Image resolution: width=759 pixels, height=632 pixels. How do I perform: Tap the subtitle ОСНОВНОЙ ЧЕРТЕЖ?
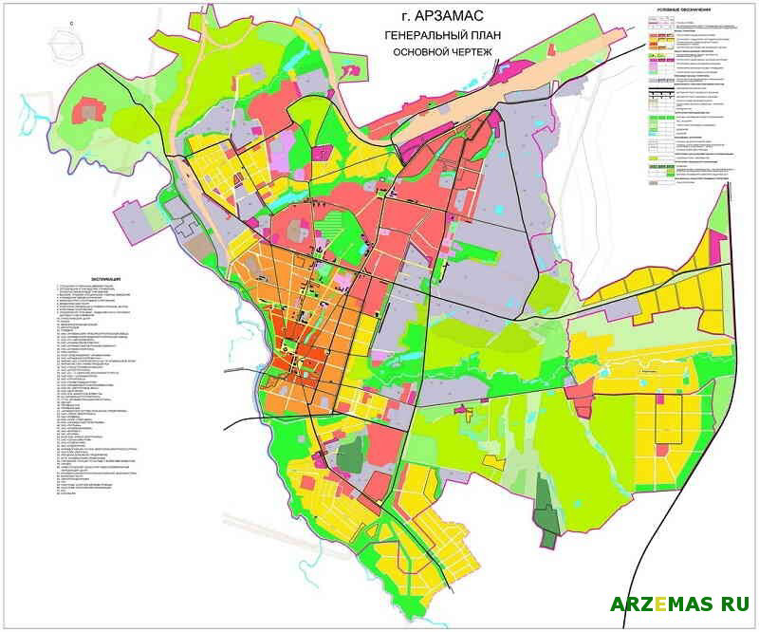(x=442, y=52)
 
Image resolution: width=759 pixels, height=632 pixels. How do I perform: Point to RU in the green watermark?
(x=734, y=604)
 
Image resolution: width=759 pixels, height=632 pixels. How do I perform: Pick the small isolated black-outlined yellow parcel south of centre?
(x=492, y=462)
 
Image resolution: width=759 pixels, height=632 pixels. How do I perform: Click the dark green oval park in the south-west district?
(x=350, y=453)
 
